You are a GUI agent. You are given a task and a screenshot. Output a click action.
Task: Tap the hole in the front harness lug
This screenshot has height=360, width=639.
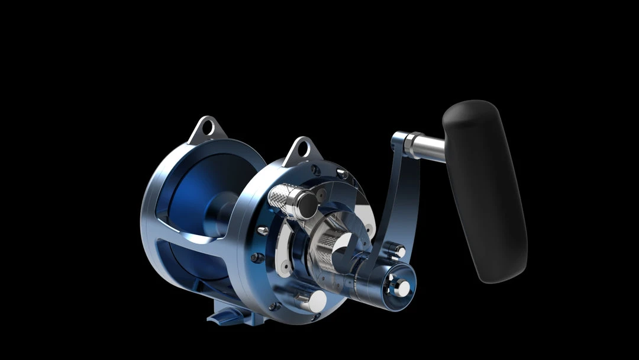302,149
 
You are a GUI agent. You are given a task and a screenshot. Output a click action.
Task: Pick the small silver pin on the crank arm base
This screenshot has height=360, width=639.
397,250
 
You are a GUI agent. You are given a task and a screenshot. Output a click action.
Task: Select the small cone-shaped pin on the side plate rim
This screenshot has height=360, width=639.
263,230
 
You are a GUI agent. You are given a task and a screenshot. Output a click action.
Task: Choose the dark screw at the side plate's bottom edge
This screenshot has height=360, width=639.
274,306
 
